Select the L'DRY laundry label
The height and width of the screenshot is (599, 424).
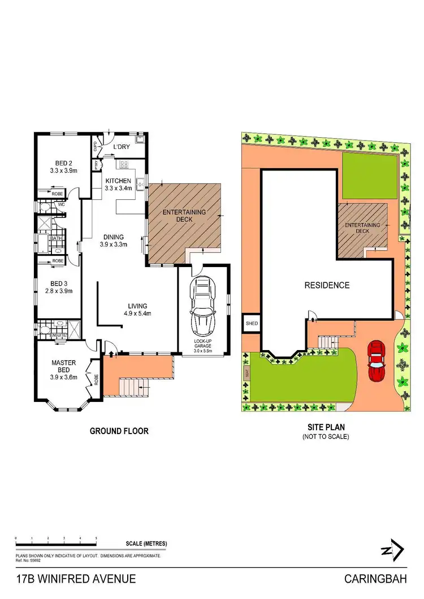pyautogui.click(x=122, y=147)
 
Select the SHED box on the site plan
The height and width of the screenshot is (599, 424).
pyautogui.click(x=251, y=324)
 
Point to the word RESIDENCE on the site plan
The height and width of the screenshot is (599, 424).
pyautogui.click(x=327, y=285)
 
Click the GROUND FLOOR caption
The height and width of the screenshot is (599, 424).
pyautogui.click(x=119, y=431)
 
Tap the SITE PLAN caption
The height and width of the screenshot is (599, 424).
pyautogui.click(x=326, y=427)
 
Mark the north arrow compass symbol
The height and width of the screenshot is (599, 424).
pyautogui.click(x=391, y=549)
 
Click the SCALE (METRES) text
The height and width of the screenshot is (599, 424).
pyautogui.click(x=146, y=544)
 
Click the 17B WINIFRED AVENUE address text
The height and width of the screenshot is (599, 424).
pyautogui.click(x=76, y=579)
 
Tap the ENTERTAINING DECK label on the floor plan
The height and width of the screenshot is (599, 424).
pyautogui.click(x=184, y=217)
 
